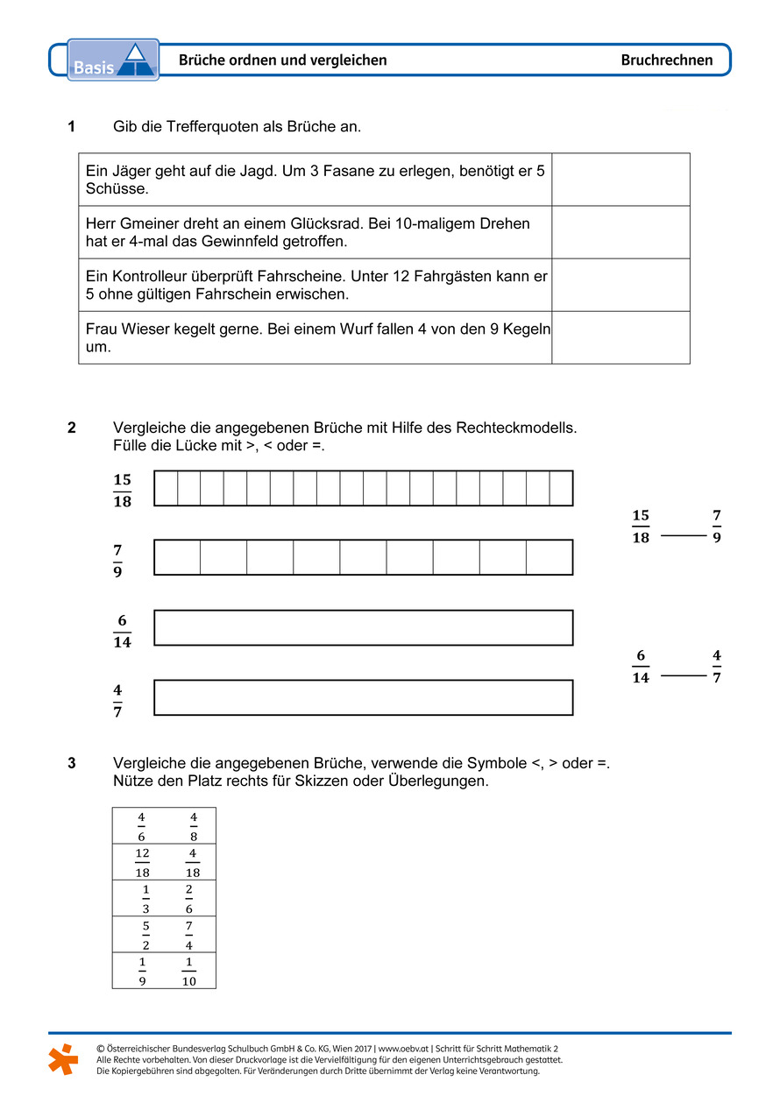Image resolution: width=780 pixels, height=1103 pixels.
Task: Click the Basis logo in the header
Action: [113, 60]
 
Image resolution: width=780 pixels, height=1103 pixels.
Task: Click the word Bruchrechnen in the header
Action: [666, 60]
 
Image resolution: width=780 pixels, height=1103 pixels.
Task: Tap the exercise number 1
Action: [71, 127]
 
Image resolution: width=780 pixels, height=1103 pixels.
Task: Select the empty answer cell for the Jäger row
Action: [620, 180]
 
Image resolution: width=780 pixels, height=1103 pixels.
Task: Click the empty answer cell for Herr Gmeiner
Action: [620, 232]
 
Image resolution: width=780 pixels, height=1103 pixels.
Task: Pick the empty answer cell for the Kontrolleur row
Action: [620, 285]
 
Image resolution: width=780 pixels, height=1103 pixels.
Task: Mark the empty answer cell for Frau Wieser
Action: [620, 337]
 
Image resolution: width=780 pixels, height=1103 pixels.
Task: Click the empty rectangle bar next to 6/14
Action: [363, 627]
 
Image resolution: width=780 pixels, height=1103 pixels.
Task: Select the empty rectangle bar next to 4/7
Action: [363, 697]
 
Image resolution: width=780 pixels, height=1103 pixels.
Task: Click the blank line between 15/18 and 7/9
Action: [683, 534]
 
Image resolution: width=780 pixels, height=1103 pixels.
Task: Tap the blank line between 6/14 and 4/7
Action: [683, 675]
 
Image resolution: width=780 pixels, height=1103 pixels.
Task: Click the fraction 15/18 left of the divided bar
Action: [122, 491]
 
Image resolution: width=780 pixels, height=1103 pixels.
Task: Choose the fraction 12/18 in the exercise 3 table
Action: [142, 862]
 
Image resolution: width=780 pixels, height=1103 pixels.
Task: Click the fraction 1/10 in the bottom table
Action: [189, 971]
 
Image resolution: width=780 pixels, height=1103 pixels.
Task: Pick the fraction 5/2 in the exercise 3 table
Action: [145, 935]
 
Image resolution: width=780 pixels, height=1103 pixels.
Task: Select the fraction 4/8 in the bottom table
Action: [193, 826]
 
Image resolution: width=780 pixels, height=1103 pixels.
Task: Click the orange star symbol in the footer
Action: [63, 1059]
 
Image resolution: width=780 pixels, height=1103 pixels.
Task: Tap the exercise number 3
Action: [71, 763]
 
